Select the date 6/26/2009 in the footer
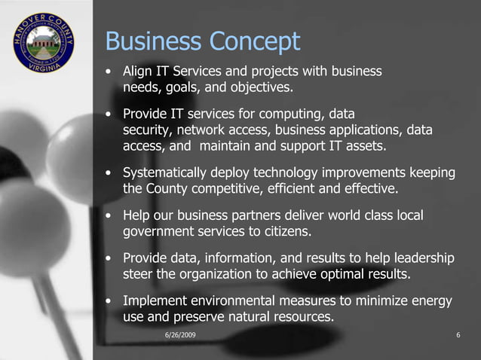180,334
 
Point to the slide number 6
458,334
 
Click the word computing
292,114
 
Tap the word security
147,130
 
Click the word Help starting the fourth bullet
137,216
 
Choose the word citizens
285,231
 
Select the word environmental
243,302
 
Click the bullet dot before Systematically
111,174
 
